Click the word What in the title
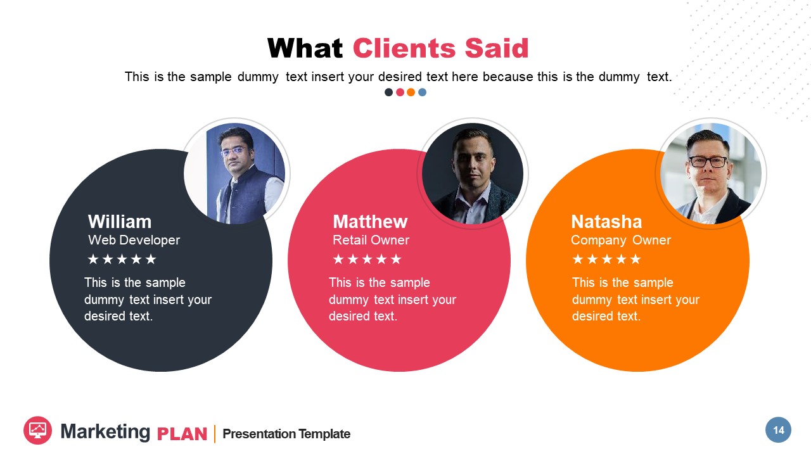click(305, 49)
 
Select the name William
click(120, 222)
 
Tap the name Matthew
click(370, 222)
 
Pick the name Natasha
click(606, 222)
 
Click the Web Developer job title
click(134, 240)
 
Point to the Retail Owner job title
click(371, 240)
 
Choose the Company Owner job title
click(620, 240)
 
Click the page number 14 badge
click(778, 430)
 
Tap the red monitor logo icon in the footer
click(37, 430)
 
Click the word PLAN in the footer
click(182, 434)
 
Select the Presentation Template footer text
click(286, 434)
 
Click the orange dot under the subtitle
click(411, 92)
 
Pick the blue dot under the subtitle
click(423, 92)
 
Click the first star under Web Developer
click(93, 259)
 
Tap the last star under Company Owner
click(635, 259)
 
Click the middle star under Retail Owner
click(367, 259)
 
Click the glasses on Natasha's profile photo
click(708, 161)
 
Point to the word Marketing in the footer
click(105, 432)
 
